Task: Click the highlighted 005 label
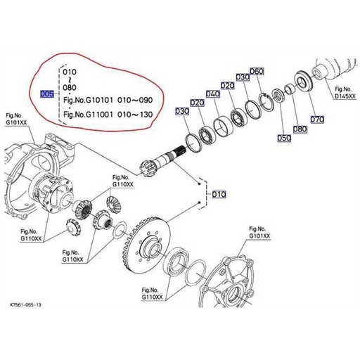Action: pyautogui.click(x=48, y=94)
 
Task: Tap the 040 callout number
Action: pyautogui.click(x=212, y=94)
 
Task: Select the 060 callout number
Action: pyautogui.click(x=256, y=72)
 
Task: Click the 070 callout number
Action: pyautogui.click(x=317, y=120)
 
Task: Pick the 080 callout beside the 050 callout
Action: pyautogui.click(x=300, y=129)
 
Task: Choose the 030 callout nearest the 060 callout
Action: pyautogui.click(x=243, y=77)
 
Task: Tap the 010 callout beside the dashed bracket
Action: pyautogui.click(x=218, y=194)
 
